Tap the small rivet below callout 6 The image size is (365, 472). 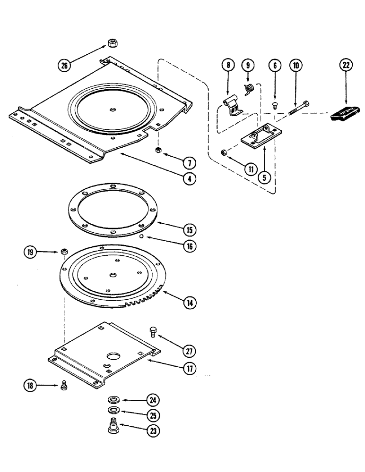274,106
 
